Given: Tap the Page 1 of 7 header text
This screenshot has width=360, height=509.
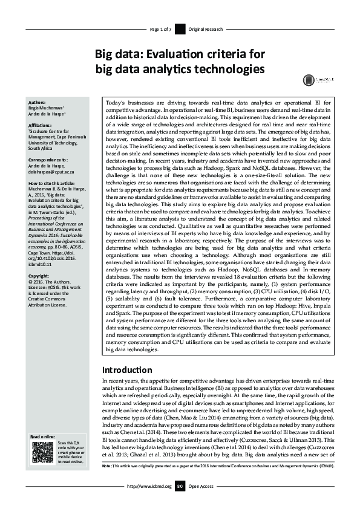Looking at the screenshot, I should [x=160, y=29].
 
